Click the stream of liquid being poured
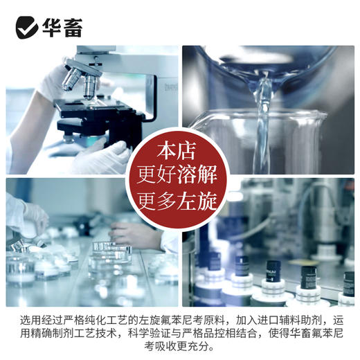(x=262, y=118)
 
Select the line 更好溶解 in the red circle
(x=179, y=175)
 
